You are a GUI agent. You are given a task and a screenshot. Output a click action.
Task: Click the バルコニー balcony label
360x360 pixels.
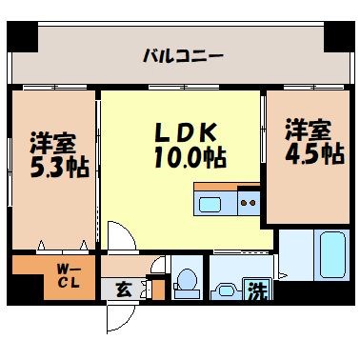183,56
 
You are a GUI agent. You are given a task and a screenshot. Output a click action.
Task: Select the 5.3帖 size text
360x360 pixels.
54,168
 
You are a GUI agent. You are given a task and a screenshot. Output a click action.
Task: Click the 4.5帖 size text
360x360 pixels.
311,152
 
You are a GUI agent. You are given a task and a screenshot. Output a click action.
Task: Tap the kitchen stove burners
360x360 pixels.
248,202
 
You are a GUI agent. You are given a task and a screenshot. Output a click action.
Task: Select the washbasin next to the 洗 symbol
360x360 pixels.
227,290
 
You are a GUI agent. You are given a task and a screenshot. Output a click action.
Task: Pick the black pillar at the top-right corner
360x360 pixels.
337,37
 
